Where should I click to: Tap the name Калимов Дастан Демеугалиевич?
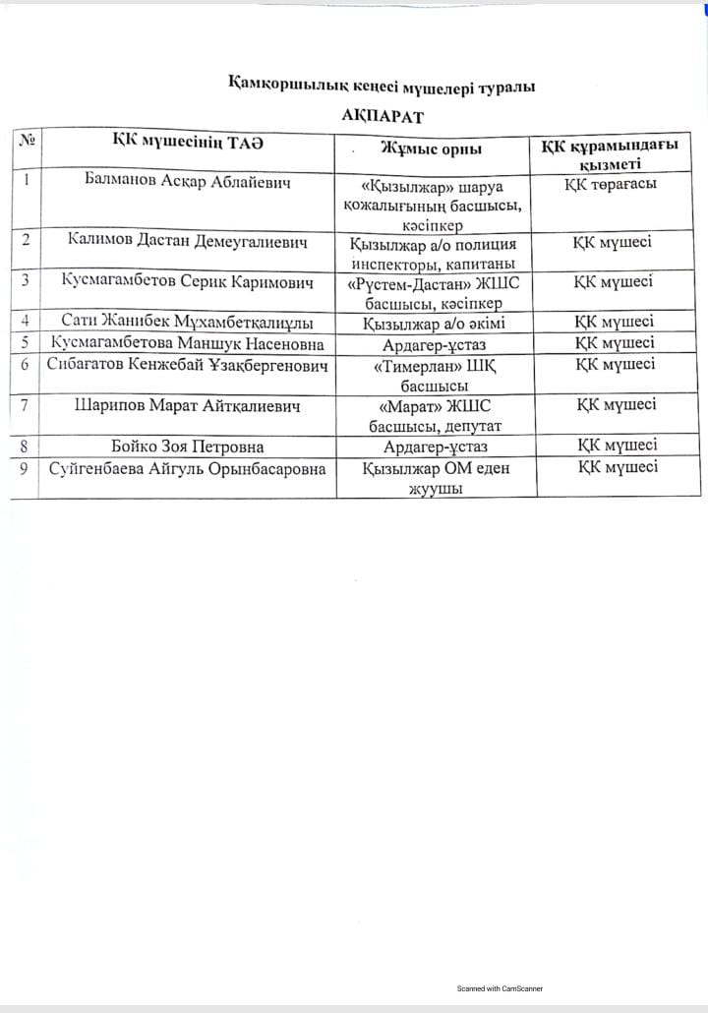(x=188, y=240)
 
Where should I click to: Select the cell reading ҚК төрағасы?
(x=612, y=183)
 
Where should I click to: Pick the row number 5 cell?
(x=25, y=342)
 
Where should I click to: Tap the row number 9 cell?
(x=25, y=468)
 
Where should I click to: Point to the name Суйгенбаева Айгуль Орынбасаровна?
(x=188, y=469)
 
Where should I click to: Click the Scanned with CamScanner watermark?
(x=500, y=988)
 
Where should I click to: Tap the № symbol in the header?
(x=26, y=141)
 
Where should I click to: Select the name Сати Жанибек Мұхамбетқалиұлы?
(x=188, y=322)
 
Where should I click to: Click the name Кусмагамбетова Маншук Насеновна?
(x=188, y=343)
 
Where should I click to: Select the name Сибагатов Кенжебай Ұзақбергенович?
(x=188, y=365)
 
